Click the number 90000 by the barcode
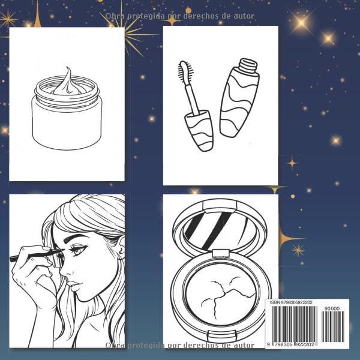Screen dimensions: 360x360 click(x=331, y=308)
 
